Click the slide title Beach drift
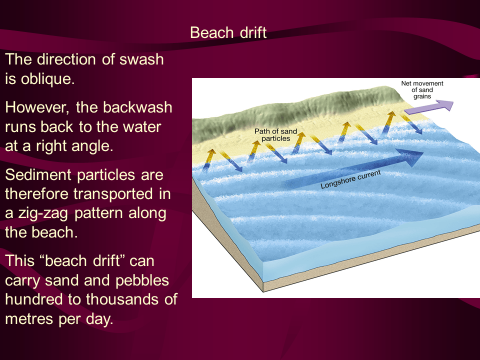(228, 33)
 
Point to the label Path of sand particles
(275, 135)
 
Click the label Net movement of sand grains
(422, 90)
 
